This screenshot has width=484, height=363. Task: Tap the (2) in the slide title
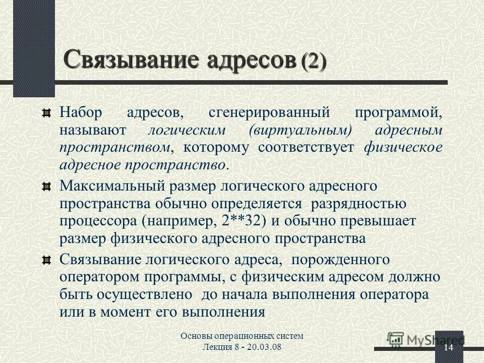pyautogui.click(x=313, y=62)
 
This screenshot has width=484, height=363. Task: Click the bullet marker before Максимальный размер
pyautogui.click(x=46, y=187)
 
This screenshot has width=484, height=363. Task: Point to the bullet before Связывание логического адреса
pyautogui.click(x=46, y=260)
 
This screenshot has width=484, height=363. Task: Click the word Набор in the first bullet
pyautogui.click(x=81, y=112)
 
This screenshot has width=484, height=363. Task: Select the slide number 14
pyautogui.click(x=449, y=348)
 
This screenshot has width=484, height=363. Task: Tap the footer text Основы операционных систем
pyautogui.click(x=242, y=336)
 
